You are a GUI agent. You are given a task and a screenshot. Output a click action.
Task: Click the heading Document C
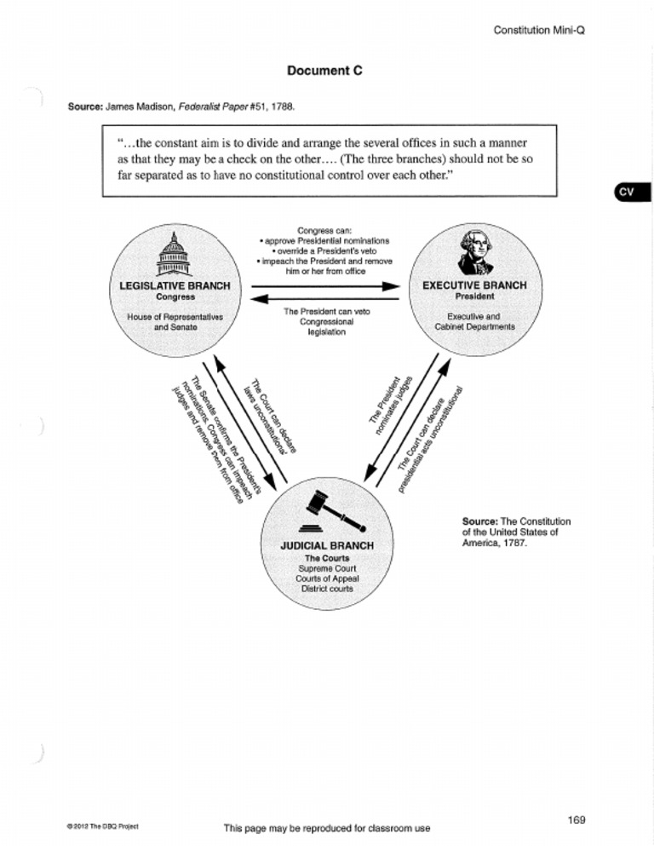(326, 72)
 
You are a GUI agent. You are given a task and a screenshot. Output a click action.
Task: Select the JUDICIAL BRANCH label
(326, 545)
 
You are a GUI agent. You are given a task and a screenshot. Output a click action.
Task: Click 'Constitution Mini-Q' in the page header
(542, 31)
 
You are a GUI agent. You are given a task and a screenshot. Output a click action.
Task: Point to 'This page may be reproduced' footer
(326, 828)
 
